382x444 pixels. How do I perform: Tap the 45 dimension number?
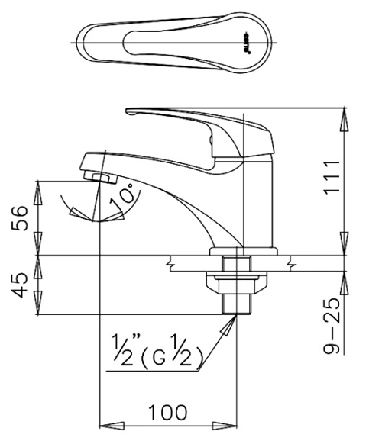(22, 285)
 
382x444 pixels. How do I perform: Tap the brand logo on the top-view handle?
(250, 36)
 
